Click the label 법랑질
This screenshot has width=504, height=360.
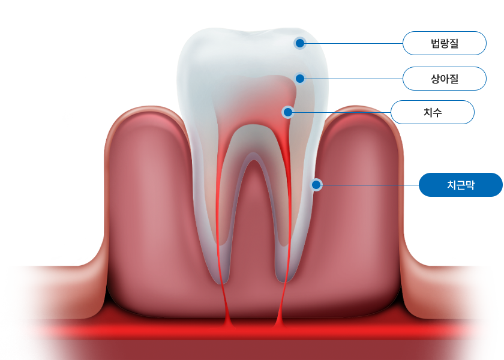[x=444, y=43]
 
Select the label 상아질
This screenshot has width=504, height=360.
[x=444, y=79]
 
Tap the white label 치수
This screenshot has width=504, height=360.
[x=433, y=112]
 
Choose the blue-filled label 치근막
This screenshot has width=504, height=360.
[x=460, y=185]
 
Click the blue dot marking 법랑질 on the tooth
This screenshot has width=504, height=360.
[x=300, y=43]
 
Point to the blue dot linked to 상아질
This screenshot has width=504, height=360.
[x=300, y=79]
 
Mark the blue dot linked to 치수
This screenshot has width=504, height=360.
[x=288, y=112]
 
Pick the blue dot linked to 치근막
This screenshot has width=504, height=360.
[x=316, y=185]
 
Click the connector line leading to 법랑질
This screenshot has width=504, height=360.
[x=354, y=43]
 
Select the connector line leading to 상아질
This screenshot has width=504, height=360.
[x=354, y=79]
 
